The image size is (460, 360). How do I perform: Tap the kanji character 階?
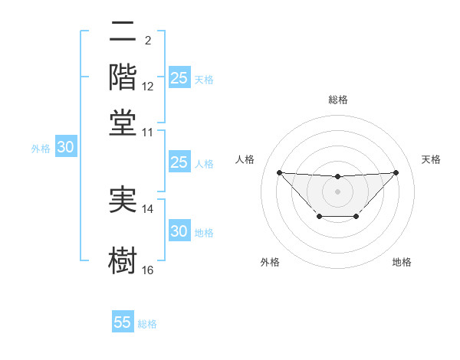pos(123,77)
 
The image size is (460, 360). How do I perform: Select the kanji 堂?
pos(123,123)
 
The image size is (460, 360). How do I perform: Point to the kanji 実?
pos(123,201)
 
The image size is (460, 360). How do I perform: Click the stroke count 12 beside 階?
pos(148,87)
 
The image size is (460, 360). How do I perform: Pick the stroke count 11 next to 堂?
pos(148,132)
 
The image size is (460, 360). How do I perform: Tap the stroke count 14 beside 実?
pos(148,209)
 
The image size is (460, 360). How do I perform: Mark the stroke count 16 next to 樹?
pos(148,270)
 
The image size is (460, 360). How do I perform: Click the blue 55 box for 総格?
pos(123,322)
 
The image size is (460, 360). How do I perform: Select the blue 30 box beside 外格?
pos(65,148)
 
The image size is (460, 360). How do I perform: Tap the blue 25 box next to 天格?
pos(179,78)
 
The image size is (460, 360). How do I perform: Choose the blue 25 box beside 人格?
pos(179,162)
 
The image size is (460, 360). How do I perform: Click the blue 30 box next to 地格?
pos(179,231)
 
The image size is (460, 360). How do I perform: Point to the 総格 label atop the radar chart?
pos(337,100)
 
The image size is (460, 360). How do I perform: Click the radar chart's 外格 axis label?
pos(270,262)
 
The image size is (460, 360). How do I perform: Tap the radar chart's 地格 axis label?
pos(402,262)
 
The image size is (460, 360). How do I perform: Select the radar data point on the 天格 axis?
pos(396,172)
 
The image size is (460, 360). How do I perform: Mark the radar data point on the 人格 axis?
pos(279,172)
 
